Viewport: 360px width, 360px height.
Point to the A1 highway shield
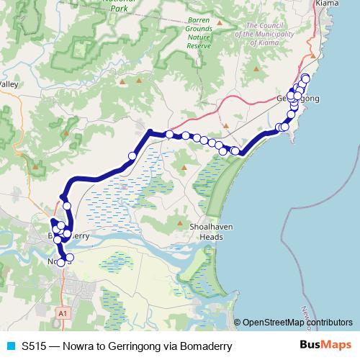pos(63,313)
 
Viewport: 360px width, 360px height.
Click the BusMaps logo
pos(325,346)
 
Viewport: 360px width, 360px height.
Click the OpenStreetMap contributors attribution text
pos(297,323)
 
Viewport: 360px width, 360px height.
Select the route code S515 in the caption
pos(35,346)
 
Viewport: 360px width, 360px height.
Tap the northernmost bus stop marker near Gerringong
pos(305,78)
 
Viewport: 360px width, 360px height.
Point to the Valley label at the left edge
pos(9,84)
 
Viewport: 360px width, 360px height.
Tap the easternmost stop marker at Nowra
pos(70,257)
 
